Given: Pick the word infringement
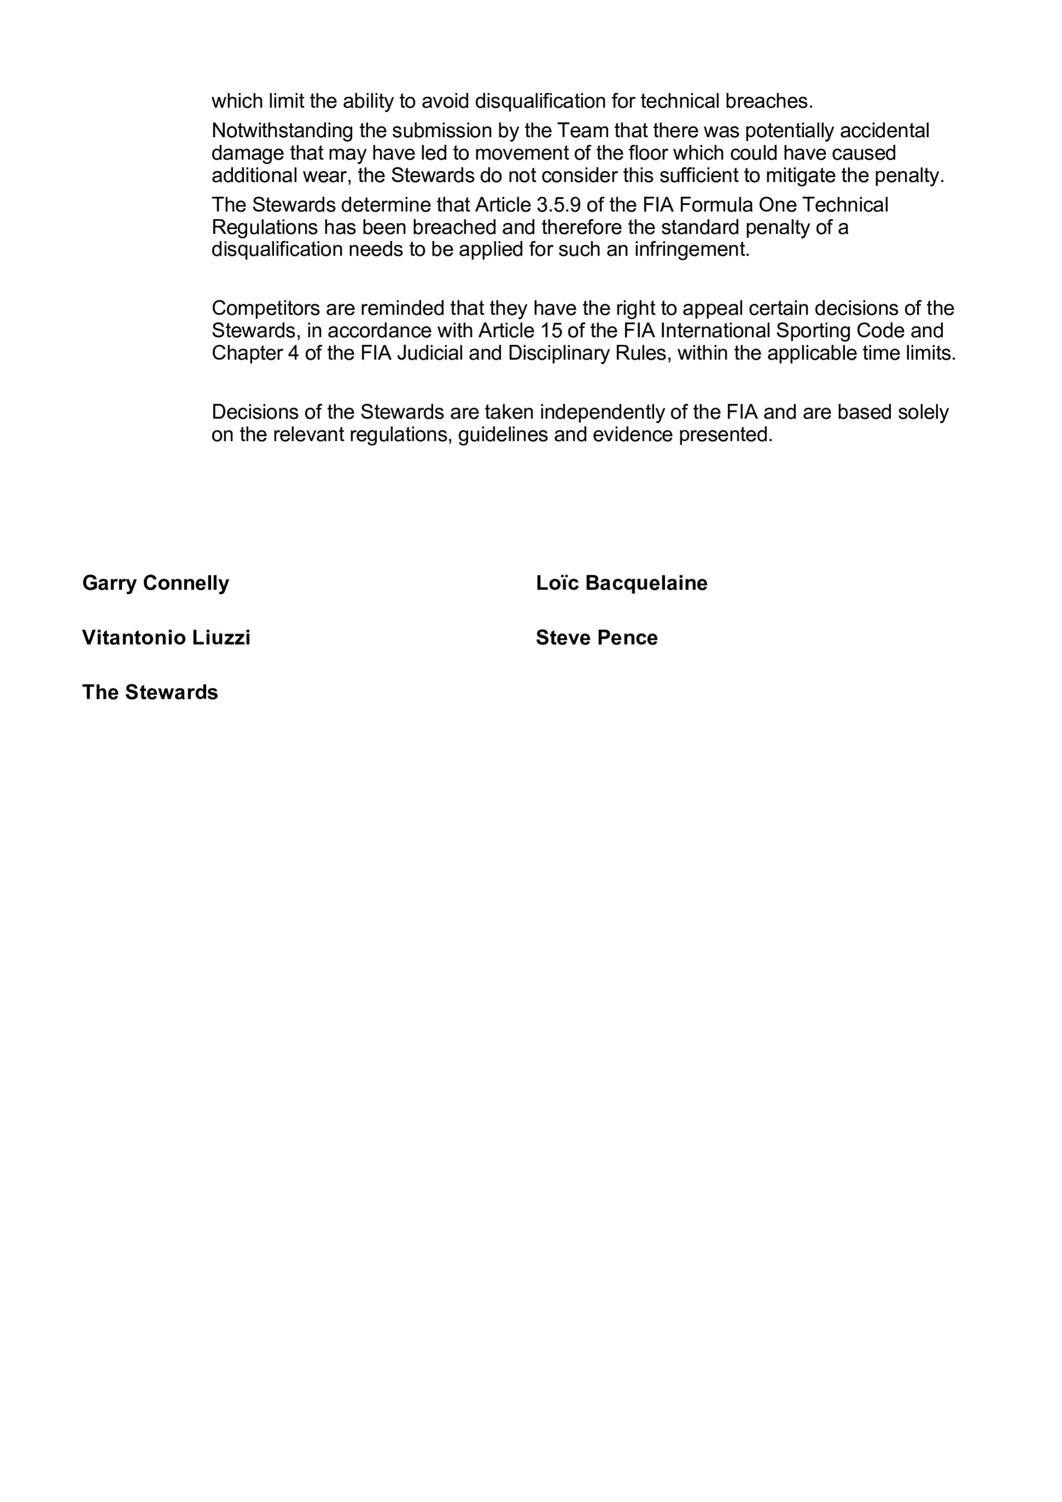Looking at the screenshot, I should point(691,249).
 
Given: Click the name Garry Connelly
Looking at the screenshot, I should point(156,583).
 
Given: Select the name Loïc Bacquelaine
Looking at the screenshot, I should point(621,583).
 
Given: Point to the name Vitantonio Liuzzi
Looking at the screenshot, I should point(166,638).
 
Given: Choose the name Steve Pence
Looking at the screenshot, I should point(596,638).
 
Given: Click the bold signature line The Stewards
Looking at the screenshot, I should point(150,692).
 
